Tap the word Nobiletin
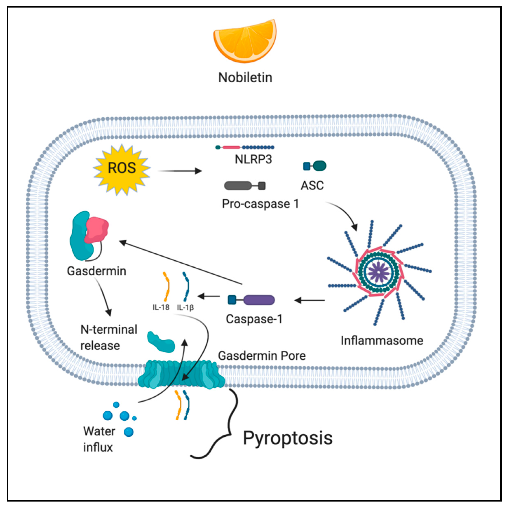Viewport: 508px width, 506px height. (x=245, y=78)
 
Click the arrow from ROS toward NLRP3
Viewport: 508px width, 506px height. (x=180, y=171)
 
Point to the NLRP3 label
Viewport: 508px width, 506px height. (x=253, y=159)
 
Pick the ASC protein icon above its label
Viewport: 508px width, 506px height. (x=315, y=166)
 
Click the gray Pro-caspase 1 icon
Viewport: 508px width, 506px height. (x=245, y=186)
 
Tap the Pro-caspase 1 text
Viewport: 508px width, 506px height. (x=260, y=204)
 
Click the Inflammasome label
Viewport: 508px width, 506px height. (x=382, y=340)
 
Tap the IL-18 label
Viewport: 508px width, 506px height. (x=161, y=307)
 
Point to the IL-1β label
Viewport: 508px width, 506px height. (x=185, y=307)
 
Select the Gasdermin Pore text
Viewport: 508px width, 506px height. (x=262, y=356)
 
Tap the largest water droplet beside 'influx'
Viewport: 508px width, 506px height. (x=129, y=432)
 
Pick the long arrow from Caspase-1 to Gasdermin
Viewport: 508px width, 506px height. (x=180, y=262)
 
